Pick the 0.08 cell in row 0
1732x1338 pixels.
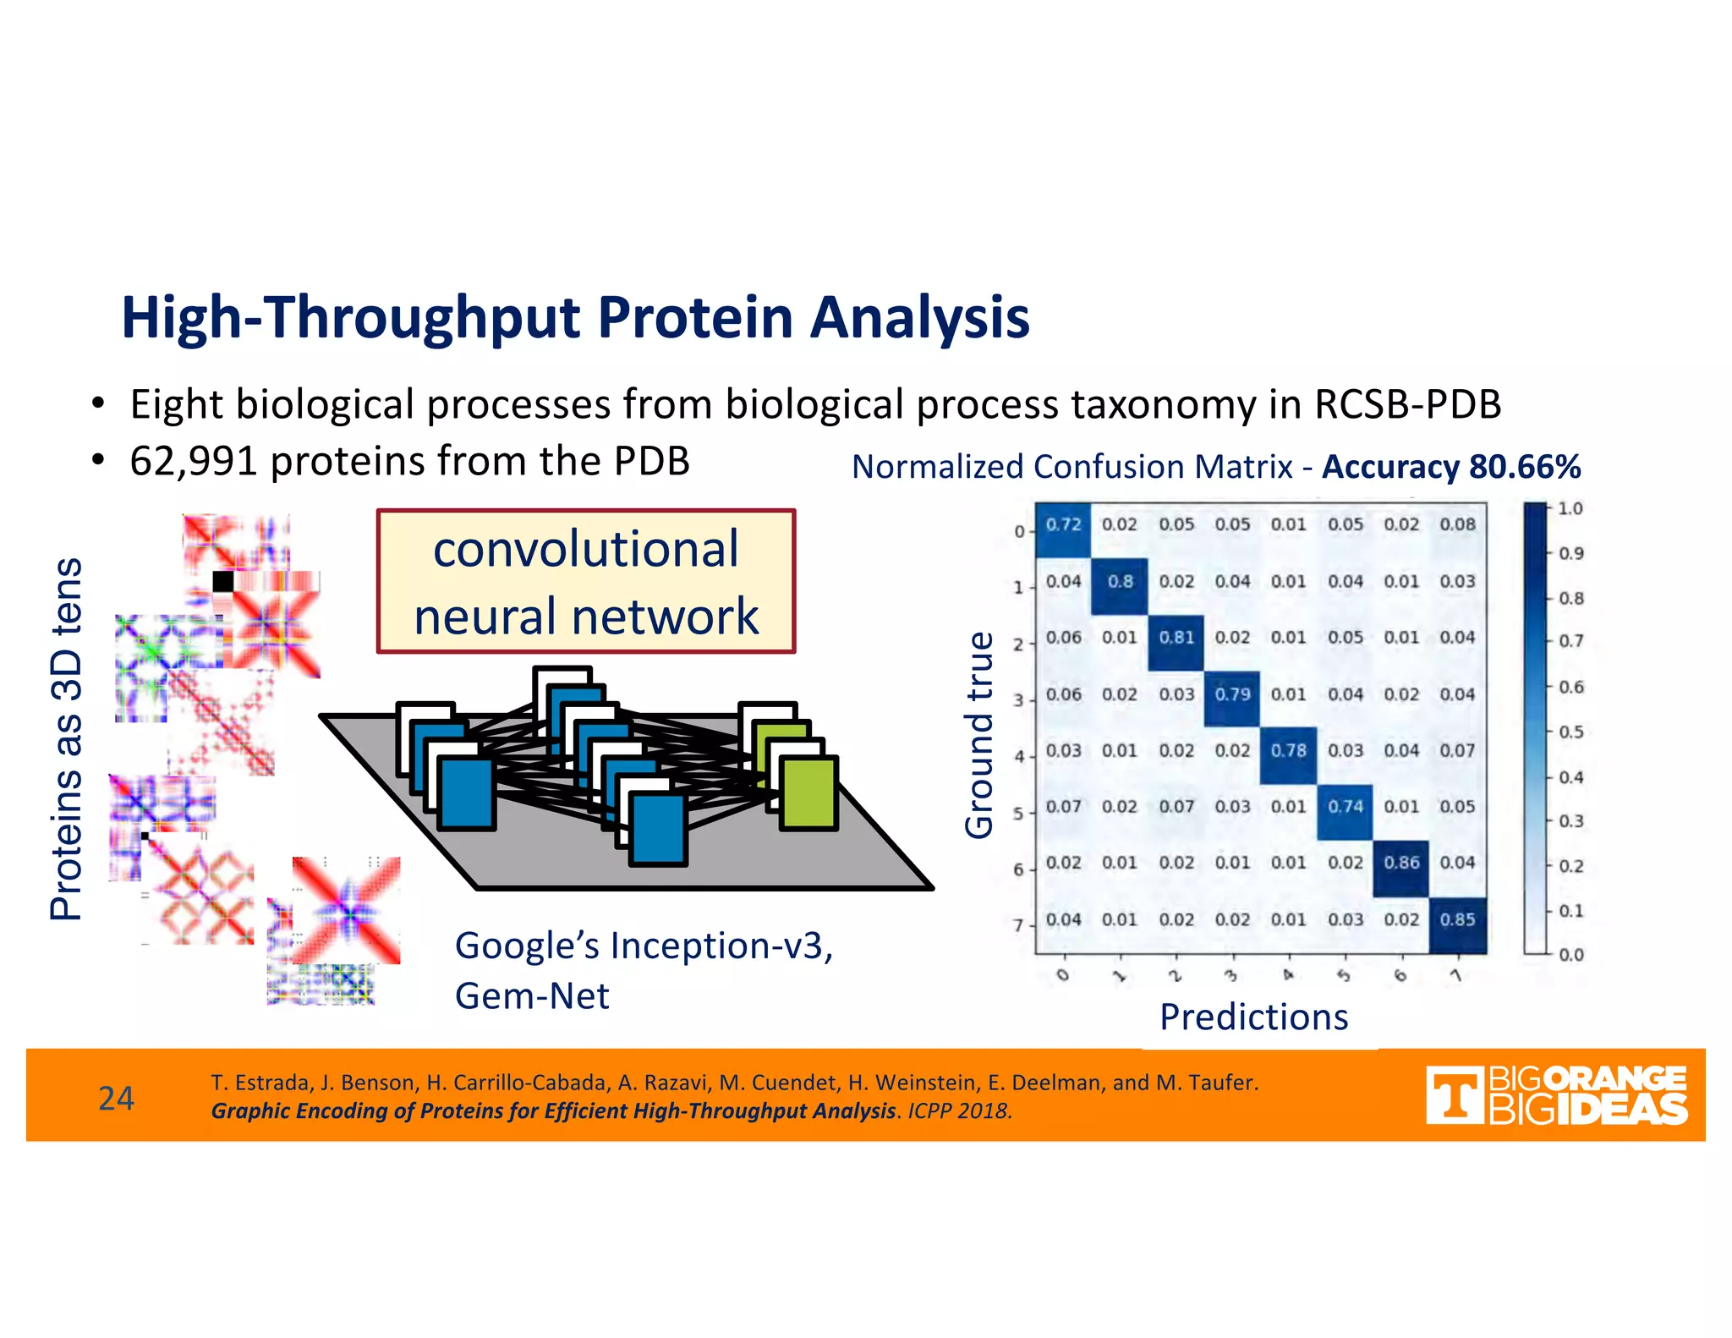click(1457, 524)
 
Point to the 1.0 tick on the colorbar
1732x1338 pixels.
click(1570, 508)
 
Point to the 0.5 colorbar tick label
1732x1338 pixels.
click(1570, 732)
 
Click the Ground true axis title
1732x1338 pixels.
click(979, 736)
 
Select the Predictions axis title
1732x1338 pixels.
click(1253, 1017)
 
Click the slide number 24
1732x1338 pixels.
click(116, 1098)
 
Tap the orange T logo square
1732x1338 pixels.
click(1454, 1095)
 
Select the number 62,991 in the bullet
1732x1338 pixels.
click(193, 462)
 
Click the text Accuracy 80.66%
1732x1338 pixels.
click(1450, 467)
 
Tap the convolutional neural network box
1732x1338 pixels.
click(585, 582)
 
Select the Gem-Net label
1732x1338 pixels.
click(531, 996)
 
